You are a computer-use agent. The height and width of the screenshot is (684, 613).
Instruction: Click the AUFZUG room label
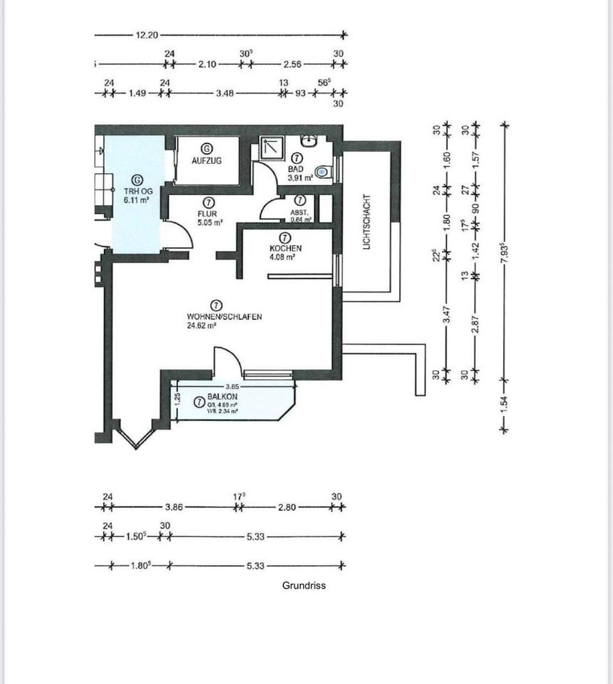[x=207, y=161]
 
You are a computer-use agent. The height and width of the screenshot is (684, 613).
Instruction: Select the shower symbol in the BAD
[x=272, y=147]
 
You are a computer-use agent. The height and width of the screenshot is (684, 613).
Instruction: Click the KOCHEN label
[x=285, y=249]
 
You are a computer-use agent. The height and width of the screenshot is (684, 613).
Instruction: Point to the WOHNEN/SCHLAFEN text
[x=219, y=316]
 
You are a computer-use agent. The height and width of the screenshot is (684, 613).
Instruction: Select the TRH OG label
[x=138, y=191]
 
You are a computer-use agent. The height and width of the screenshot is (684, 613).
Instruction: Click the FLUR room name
[x=207, y=213]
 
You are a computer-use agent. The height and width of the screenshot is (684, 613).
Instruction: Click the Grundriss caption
[x=304, y=585]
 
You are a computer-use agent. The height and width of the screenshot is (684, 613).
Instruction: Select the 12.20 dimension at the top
[x=147, y=35]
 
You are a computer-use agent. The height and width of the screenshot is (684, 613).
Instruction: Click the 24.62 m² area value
[x=202, y=325]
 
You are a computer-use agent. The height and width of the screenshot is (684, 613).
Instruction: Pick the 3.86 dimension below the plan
[x=175, y=508]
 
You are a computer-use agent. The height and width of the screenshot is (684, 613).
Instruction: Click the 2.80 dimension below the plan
[x=287, y=508]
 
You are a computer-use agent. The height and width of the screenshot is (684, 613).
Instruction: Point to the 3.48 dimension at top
[x=225, y=93]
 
